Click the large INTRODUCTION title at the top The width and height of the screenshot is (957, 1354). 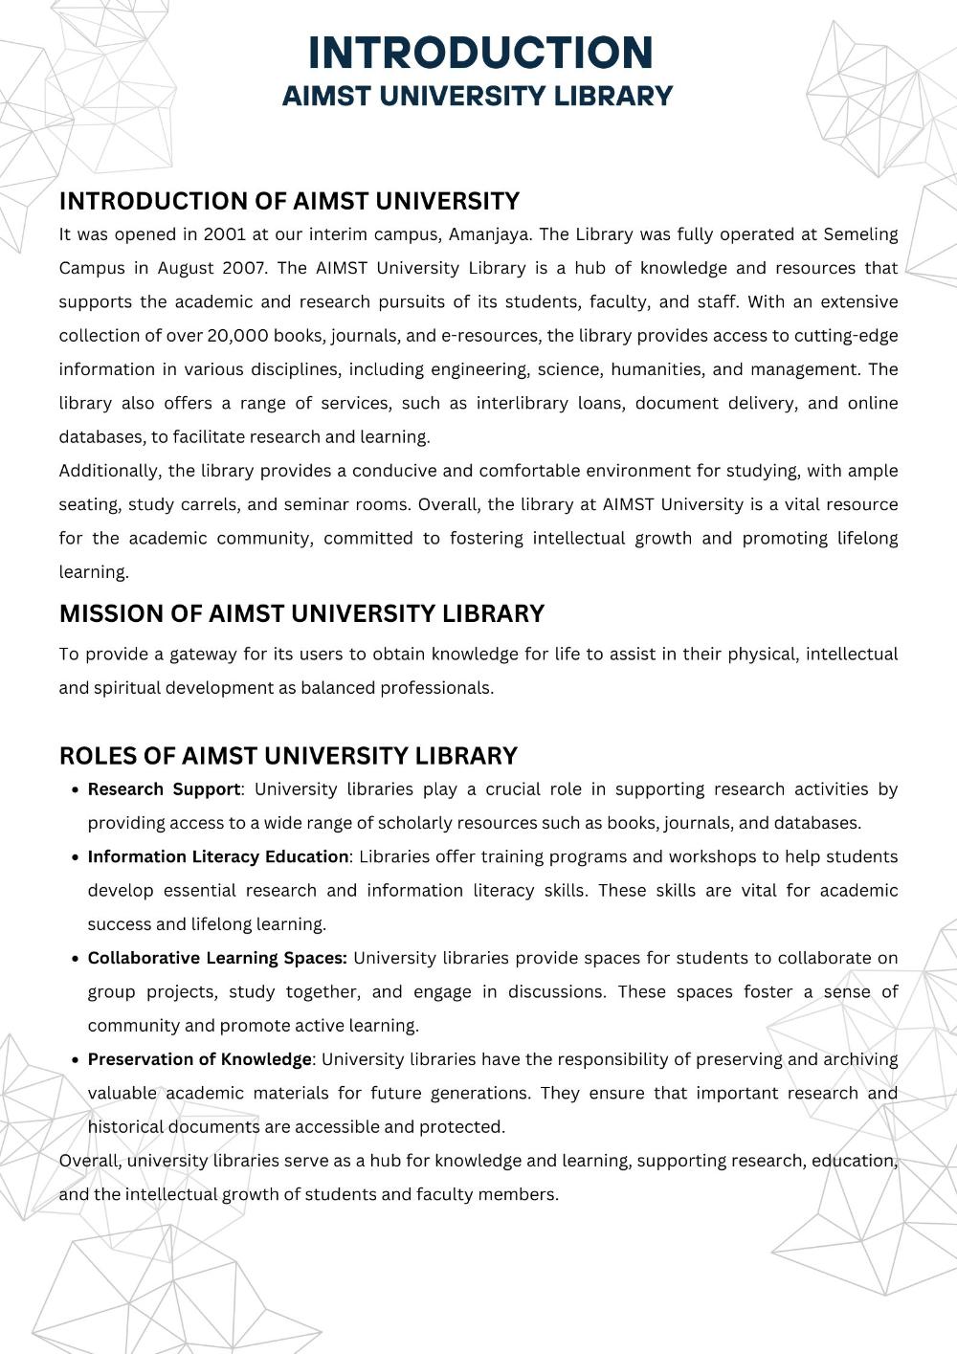pyautogui.click(x=480, y=53)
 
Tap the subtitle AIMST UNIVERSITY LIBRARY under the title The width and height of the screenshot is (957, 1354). pyautogui.click(x=478, y=97)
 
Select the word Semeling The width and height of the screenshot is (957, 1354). pyautogui.click(x=860, y=234)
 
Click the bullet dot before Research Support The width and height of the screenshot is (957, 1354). pyautogui.click(x=75, y=790)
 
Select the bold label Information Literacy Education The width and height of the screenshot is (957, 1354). pyautogui.click(x=218, y=857)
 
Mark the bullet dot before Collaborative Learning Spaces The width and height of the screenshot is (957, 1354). pyautogui.click(x=75, y=959)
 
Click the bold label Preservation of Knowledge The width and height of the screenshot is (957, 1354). pyautogui.click(x=199, y=1059)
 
